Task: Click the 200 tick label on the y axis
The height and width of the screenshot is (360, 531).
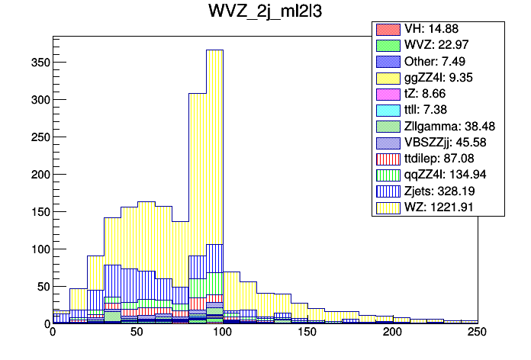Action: pos(39,174)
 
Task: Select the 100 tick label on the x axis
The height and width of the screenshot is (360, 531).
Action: pos(222,333)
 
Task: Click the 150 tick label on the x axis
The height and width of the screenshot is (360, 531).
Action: pos(307,333)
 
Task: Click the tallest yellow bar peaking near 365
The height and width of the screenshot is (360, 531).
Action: pos(214,153)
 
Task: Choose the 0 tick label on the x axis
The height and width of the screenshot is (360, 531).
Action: pos(53,333)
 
